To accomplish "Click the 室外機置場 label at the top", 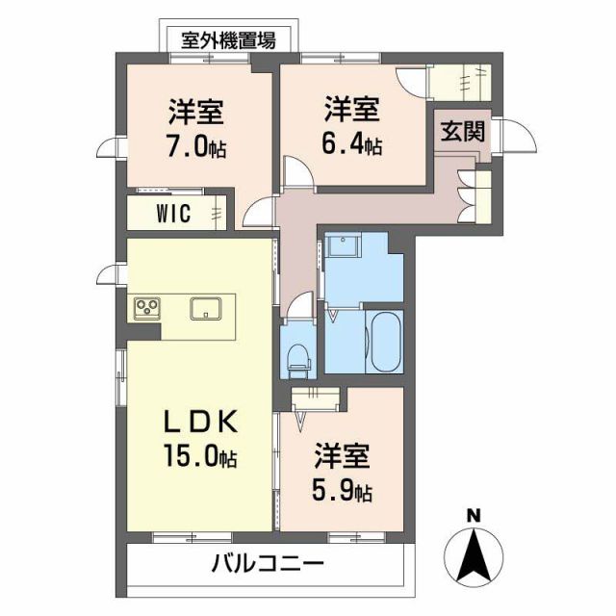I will [229, 40].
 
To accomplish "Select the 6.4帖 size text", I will [352, 145].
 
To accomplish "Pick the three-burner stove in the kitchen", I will [147, 308].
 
